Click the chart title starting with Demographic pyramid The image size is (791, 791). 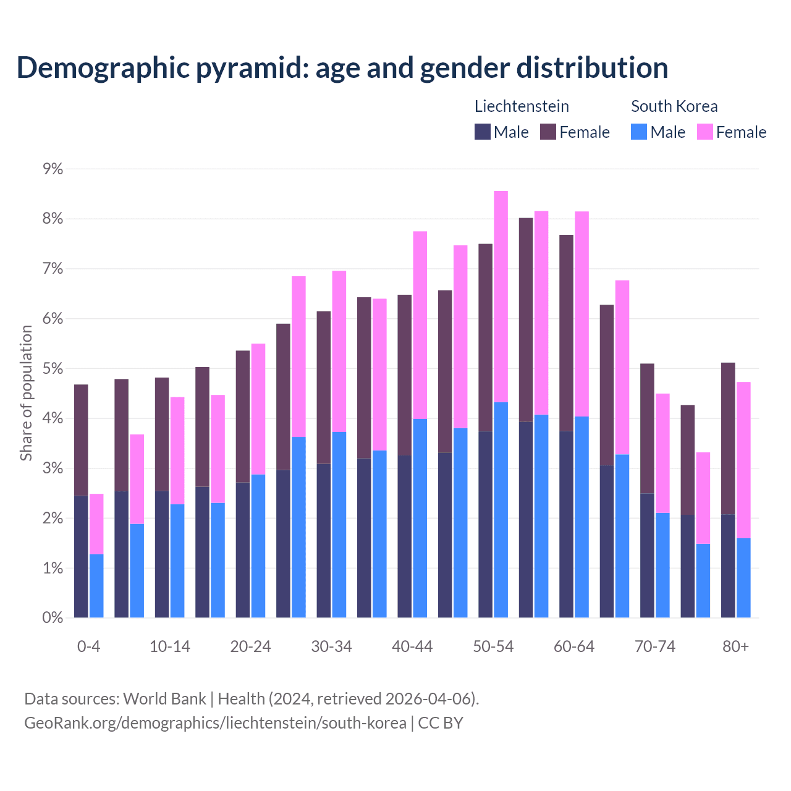click(342, 68)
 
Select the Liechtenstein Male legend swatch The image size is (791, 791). click(483, 132)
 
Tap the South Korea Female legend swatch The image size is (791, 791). click(704, 132)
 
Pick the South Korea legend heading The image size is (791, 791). click(674, 106)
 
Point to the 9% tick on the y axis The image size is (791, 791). click(53, 169)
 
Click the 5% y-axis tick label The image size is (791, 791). click(53, 368)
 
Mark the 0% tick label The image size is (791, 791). click(53, 617)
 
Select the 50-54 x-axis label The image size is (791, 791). click(493, 646)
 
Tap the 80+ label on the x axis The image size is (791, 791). click(735, 646)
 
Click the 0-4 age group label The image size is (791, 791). click(88, 646)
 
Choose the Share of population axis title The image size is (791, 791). click(27, 393)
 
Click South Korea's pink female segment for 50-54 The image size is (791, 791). click(501, 297)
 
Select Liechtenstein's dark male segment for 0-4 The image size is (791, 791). click(81, 556)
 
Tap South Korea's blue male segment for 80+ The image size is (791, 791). click(743, 578)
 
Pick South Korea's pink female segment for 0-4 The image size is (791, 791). click(96, 524)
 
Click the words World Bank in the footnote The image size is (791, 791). click(164, 699)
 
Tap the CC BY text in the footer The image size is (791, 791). click(441, 723)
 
